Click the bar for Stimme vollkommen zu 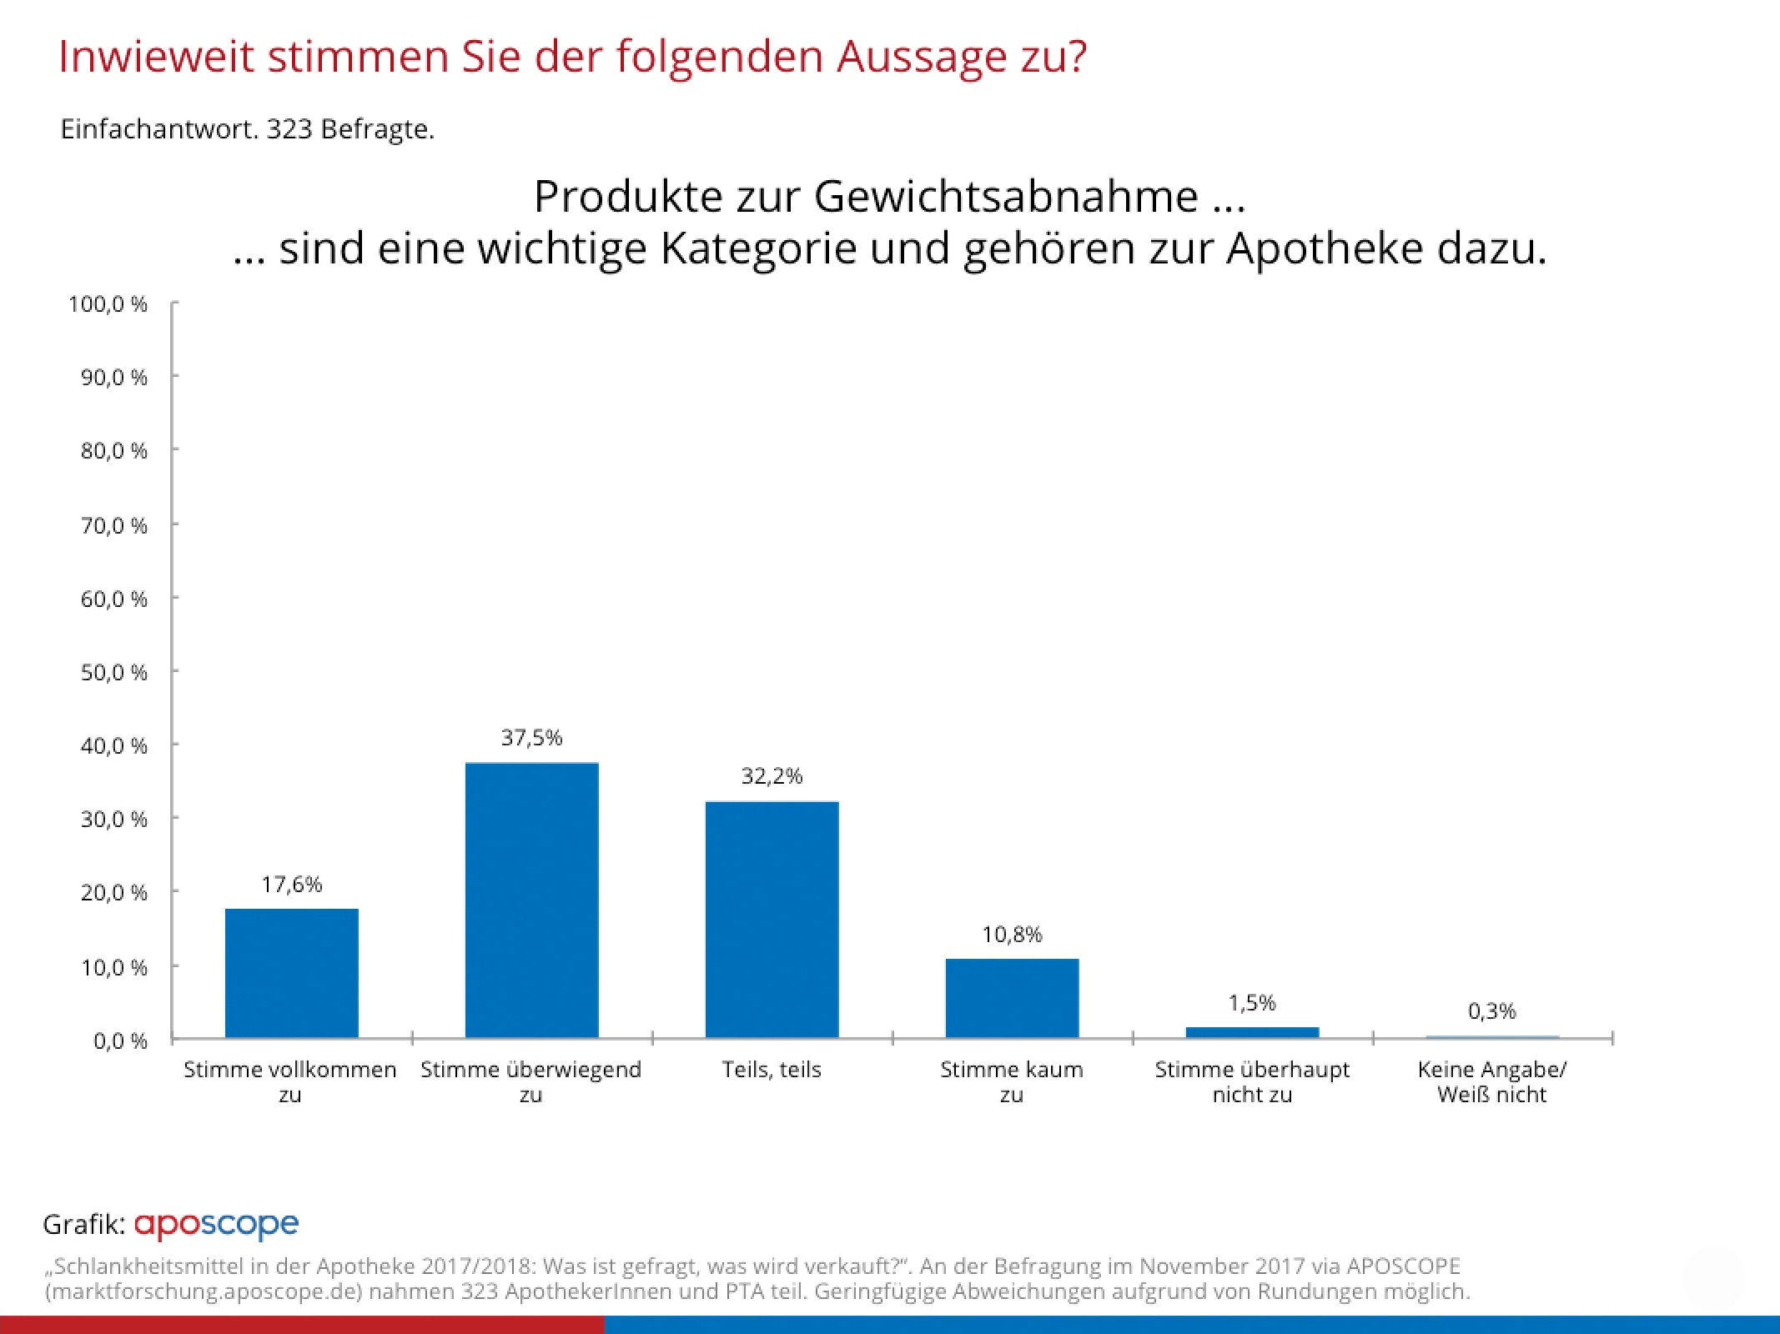(x=291, y=973)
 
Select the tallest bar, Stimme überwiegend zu (x=531, y=900)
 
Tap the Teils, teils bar (x=772, y=920)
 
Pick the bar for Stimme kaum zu (x=1012, y=998)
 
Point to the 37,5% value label (x=531, y=738)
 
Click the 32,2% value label (x=772, y=776)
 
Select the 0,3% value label (x=1491, y=1011)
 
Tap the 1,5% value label (x=1251, y=1003)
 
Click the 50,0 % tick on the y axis (x=114, y=672)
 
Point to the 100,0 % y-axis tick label (x=108, y=304)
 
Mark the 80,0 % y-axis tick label (x=114, y=451)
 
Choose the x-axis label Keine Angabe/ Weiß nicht (x=1491, y=1081)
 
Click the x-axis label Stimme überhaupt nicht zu (x=1251, y=1081)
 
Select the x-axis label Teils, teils (x=772, y=1070)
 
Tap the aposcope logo (x=216, y=1224)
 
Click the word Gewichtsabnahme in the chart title (x=1006, y=197)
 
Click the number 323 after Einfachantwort (x=289, y=129)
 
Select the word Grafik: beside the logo (x=83, y=1224)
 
